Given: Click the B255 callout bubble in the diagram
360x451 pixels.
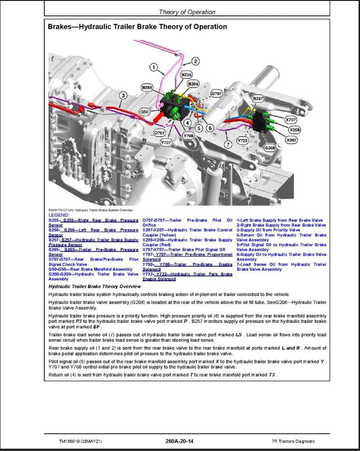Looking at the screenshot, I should tap(186, 75).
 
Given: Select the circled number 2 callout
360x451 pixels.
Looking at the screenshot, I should tap(195, 61).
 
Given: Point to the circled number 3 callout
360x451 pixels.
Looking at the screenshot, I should tap(123, 95).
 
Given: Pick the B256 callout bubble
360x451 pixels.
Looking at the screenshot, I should tap(147, 88).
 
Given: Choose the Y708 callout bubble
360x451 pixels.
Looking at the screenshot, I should tap(189, 136).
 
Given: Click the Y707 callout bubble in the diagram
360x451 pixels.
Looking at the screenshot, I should tap(166, 142).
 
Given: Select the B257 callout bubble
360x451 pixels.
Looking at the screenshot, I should tap(258, 98).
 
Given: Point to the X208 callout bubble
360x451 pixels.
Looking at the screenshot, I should tap(295, 129).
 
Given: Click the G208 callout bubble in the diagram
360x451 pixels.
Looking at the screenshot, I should tap(269, 148).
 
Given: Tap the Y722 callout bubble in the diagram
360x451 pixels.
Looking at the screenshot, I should tap(242, 141).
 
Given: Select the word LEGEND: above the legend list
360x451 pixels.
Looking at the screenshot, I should tap(59, 215).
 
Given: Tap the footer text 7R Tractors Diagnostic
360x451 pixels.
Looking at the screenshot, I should tap(296, 441).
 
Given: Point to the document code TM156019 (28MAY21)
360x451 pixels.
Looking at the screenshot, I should tap(77, 441).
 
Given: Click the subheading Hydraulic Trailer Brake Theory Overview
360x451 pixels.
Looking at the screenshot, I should tap(94, 286).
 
